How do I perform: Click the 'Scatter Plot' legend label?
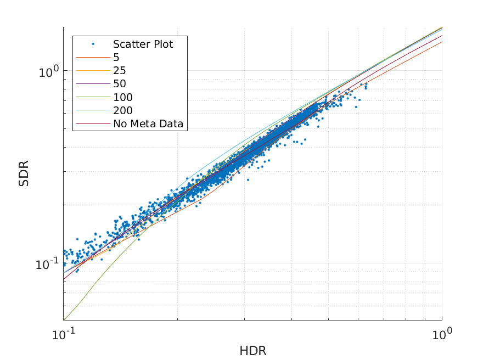click(143, 44)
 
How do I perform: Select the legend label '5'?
click(116, 58)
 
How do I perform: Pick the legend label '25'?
click(120, 71)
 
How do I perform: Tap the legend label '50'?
click(120, 84)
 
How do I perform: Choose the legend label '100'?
click(123, 97)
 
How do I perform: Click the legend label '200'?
click(123, 111)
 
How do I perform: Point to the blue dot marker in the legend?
click(93, 44)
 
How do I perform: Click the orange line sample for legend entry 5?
click(93, 58)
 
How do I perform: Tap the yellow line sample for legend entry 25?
click(93, 71)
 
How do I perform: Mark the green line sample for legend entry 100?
click(93, 98)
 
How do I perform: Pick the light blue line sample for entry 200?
click(93, 111)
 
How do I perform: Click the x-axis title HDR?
click(252, 351)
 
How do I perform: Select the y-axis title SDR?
click(24, 173)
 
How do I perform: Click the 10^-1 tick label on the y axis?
click(47, 265)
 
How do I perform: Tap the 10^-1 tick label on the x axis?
click(64, 333)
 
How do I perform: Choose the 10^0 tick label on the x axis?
click(442, 333)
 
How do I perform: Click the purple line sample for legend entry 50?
click(93, 84)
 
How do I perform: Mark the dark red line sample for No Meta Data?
click(93, 124)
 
